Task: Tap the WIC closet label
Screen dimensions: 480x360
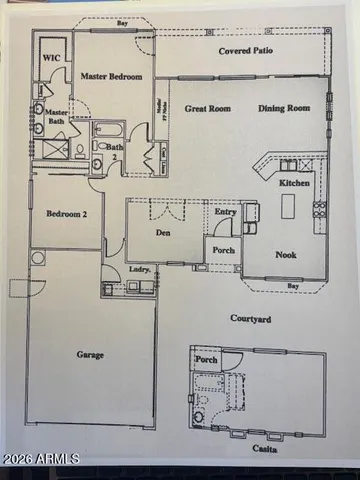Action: click(51, 58)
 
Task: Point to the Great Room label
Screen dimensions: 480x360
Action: click(207, 108)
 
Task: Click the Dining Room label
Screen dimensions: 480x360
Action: click(285, 108)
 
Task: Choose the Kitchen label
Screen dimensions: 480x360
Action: click(294, 184)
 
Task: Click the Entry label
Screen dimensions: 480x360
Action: click(225, 211)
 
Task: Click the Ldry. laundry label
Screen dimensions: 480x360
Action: click(140, 271)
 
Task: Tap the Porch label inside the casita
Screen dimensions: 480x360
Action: click(206, 359)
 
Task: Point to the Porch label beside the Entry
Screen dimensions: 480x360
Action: click(223, 250)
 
